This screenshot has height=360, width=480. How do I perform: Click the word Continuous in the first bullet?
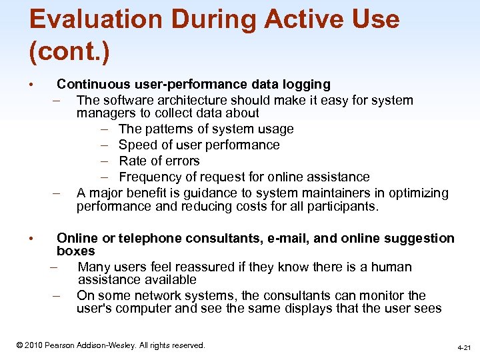pyautogui.click(x=94, y=85)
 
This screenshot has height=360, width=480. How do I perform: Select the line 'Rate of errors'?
pyautogui.click(x=159, y=161)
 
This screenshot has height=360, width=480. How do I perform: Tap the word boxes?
pyautogui.click(x=75, y=251)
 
